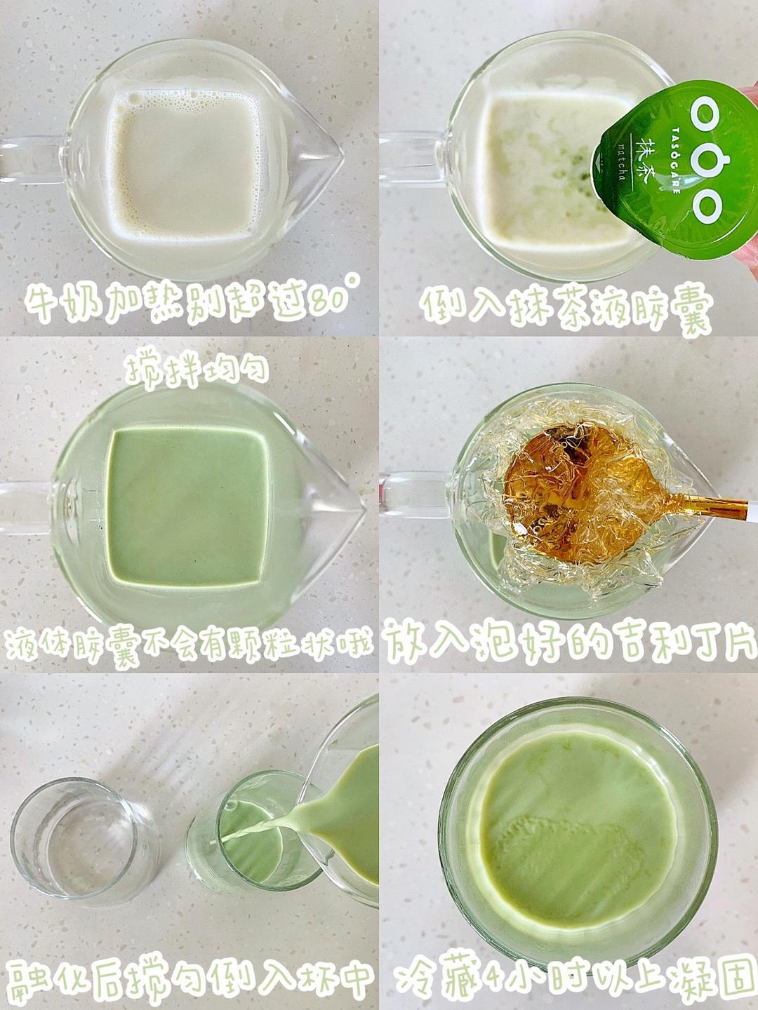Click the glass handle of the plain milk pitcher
coord(30,159)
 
